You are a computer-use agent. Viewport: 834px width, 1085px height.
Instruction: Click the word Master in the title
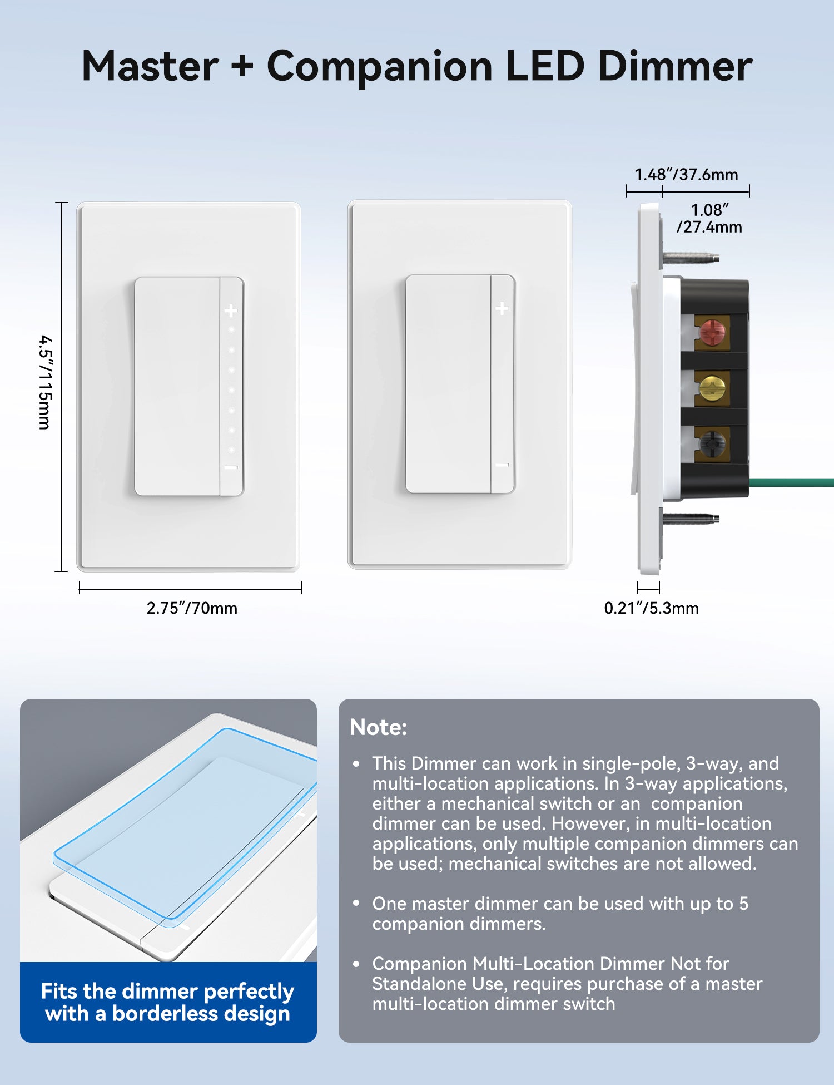150,67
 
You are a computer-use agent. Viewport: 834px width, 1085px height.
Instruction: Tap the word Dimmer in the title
675,67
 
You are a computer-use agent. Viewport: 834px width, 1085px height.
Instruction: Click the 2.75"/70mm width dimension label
192,608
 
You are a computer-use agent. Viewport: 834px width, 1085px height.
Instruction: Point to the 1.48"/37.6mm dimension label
686,175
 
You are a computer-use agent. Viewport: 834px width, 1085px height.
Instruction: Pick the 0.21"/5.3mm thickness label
651,608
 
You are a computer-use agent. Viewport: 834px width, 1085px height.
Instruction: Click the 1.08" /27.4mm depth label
709,218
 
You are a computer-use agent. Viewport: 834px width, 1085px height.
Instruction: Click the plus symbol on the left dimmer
231,310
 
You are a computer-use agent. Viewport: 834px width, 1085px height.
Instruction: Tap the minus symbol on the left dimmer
231,467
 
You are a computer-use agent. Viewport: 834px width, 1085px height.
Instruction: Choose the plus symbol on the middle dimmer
502,308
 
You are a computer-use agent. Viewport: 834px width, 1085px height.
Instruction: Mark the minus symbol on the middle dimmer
502,465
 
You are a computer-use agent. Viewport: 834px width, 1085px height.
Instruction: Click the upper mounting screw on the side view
691,258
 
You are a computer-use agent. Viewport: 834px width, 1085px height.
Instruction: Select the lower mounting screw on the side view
691,519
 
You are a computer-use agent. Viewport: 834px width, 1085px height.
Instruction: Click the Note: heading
379,727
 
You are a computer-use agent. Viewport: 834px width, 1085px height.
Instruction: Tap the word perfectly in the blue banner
249,992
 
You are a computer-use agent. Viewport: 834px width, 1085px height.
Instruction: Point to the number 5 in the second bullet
743,904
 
